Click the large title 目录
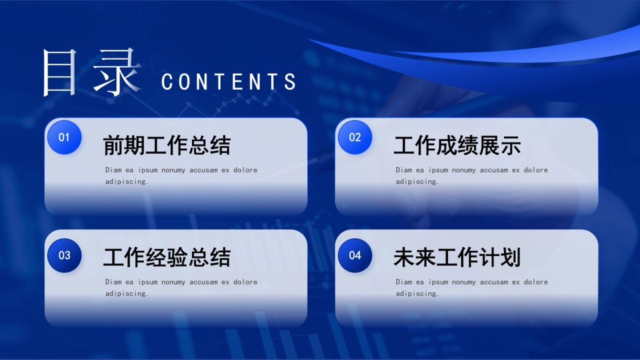click(x=91, y=73)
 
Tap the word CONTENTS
click(x=228, y=82)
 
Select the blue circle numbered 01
click(x=64, y=138)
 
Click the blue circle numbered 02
click(x=355, y=138)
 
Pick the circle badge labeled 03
click(x=64, y=255)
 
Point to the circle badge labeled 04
click(x=355, y=255)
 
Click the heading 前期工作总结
click(x=166, y=146)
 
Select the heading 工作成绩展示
click(x=457, y=146)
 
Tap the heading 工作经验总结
click(x=166, y=258)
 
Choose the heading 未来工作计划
click(x=457, y=258)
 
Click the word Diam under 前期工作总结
click(x=114, y=170)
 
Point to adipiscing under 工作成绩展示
click(x=417, y=181)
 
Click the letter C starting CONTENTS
click(x=167, y=82)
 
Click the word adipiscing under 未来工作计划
click(x=417, y=293)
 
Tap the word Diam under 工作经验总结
click(x=114, y=282)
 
